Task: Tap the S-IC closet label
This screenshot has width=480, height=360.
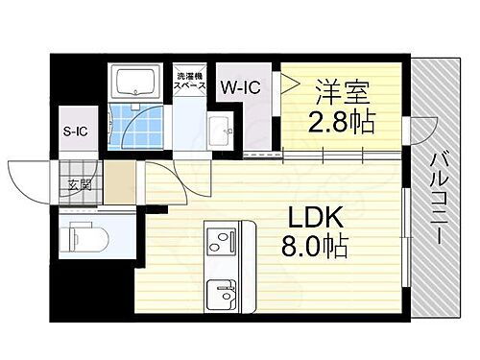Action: pos(76,131)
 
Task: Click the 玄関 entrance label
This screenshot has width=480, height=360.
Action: pos(80,185)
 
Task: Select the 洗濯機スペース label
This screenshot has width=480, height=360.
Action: pos(189,81)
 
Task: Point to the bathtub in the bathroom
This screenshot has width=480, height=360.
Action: pos(139,82)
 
